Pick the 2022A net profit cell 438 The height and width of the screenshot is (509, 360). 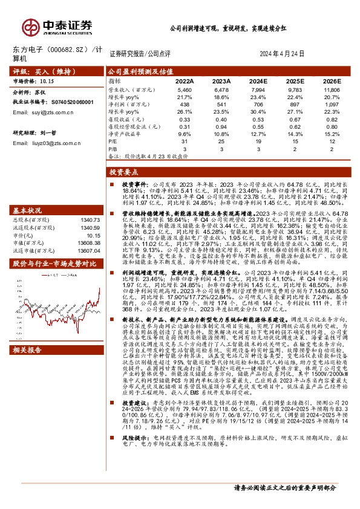(185, 104)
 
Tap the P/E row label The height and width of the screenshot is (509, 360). (113, 140)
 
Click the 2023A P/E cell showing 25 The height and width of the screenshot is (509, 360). (221, 140)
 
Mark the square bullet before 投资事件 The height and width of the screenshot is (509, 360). (111, 183)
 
